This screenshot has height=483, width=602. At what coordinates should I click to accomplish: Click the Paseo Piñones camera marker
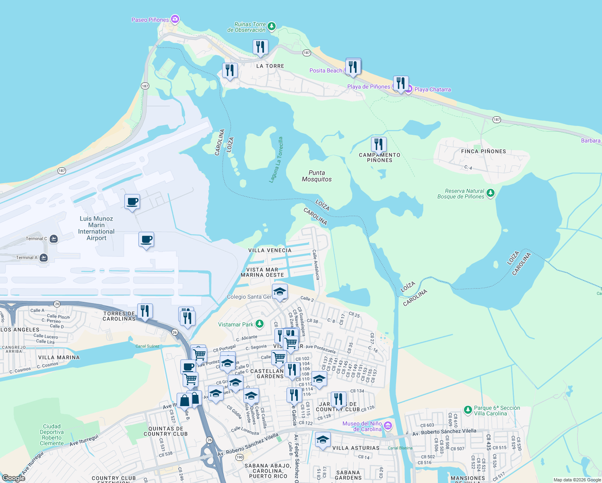tap(175, 19)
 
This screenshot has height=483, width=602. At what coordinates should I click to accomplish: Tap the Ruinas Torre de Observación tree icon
tap(272, 27)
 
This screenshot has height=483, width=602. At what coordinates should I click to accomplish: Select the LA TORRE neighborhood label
tap(270, 66)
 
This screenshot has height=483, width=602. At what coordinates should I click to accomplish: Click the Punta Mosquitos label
tap(317, 176)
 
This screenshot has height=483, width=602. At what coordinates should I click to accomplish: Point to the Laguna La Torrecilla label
tap(276, 160)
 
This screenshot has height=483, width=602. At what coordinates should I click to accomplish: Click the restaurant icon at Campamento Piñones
tap(379, 144)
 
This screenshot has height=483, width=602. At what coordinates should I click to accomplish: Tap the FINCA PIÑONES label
tap(483, 151)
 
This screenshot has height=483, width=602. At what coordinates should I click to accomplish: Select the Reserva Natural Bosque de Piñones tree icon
tap(490, 193)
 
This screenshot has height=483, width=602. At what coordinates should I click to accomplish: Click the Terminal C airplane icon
tap(54, 239)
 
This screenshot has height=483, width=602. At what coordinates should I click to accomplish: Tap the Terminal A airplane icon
tap(44, 258)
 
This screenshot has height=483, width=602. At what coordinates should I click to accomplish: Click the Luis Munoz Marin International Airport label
tap(96, 228)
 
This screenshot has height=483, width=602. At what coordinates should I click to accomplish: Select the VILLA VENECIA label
tap(270, 250)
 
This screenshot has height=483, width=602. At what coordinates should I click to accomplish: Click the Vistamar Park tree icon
tap(260, 324)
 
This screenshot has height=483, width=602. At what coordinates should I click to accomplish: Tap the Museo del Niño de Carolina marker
tap(388, 425)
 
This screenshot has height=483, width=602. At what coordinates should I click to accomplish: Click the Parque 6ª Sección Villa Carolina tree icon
tap(468, 410)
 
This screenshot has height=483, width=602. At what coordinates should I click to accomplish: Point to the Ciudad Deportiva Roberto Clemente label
tap(52, 435)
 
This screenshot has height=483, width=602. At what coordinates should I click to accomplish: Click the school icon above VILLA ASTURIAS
tap(323, 440)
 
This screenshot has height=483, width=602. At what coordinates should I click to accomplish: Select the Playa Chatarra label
tap(433, 89)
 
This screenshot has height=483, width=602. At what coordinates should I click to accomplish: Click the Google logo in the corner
tap(13, 478)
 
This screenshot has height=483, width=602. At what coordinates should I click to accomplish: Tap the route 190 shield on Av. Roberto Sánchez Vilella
tap(240, 457)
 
